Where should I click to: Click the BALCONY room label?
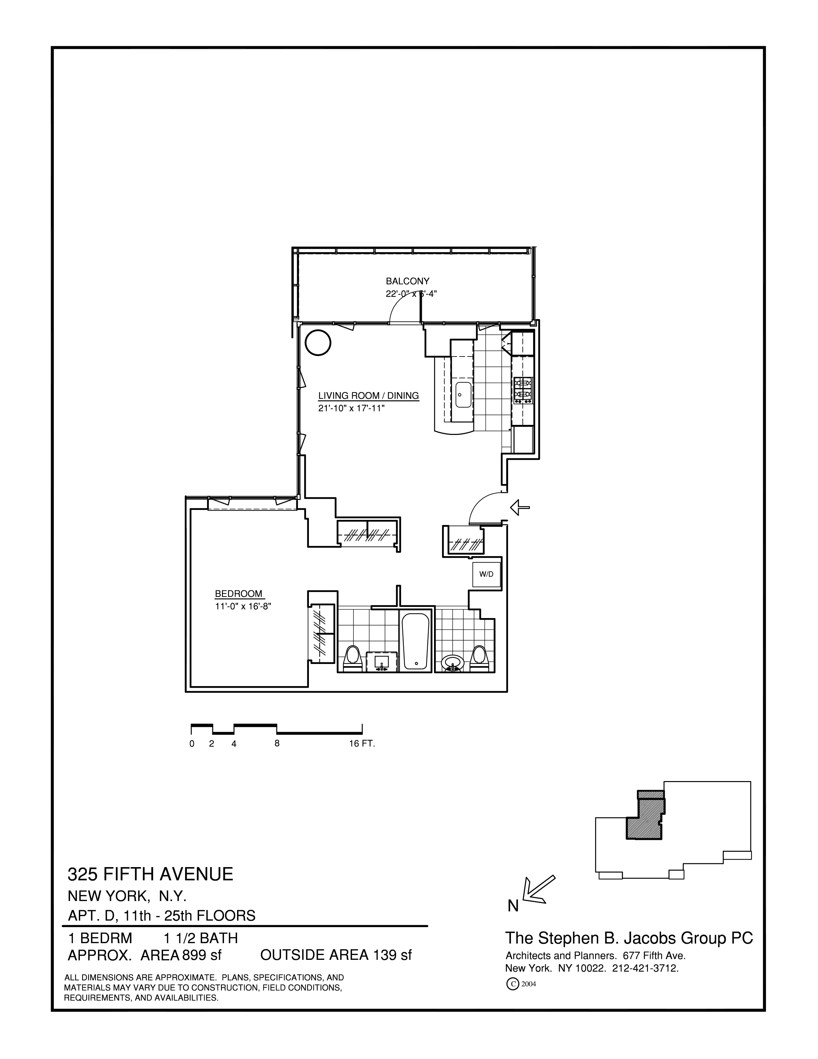[x=407, y=281]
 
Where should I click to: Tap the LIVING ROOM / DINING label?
[x=368, y=396]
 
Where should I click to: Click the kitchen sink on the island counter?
[x=463, y=395]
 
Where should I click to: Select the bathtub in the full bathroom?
[x=415, y=641]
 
